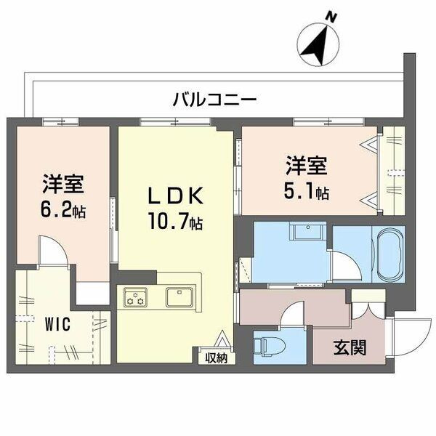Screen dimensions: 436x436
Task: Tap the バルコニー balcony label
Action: point(214,100)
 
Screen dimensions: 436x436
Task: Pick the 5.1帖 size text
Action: point(305,193)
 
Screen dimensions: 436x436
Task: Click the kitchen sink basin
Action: point(178,297)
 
